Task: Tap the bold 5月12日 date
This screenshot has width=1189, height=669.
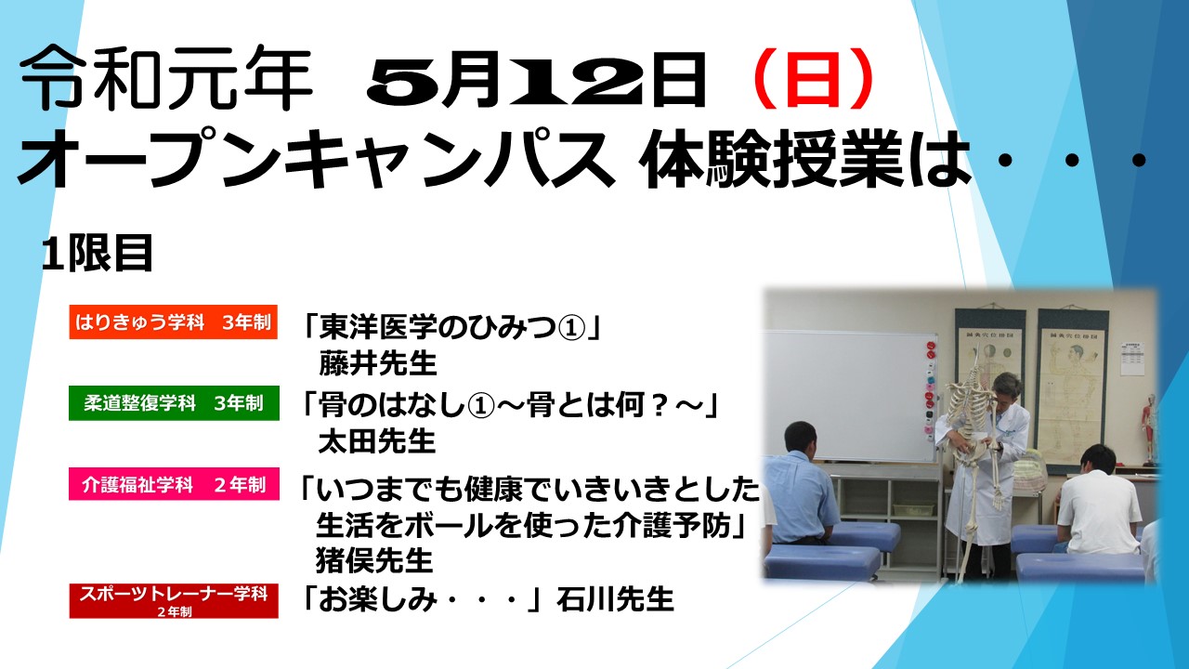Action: coord(536,80)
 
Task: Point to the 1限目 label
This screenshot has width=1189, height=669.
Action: coord(98,254)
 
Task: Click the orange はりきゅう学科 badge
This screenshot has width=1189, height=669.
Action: coord(174,321)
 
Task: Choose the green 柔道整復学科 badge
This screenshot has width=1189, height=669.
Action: coord(174,403)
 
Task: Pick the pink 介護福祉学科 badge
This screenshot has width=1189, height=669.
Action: coord(174,484)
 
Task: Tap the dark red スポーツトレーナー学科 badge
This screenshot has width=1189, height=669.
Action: coord(174,600)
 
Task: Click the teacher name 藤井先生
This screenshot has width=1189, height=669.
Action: coord(378,363)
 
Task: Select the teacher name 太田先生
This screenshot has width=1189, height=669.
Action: coord(377,441)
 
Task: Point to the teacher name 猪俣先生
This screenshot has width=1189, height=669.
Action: coord(374,560)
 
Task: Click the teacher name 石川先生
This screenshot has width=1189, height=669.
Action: coord(616,599)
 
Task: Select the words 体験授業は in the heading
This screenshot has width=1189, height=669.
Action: coord(807,160)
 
